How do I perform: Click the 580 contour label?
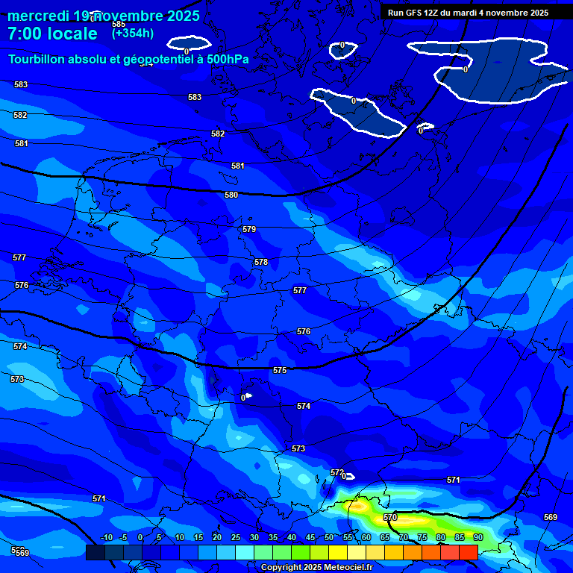coord(231,195)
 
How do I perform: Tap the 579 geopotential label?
coord(249,229)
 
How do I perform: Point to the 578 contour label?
coord(261,262)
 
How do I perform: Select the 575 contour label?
coord(280,370)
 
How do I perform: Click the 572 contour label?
coord(336,472)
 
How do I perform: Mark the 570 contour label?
coord(390,517)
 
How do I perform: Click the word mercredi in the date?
coord(38,16)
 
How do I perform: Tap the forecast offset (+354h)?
coord(133,33)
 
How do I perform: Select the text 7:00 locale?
coord(52,34)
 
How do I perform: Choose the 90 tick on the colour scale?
coord(478,537)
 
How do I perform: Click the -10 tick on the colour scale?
coord(106,537)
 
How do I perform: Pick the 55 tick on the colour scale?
coord(348,537)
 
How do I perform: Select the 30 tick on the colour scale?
coord(254,537)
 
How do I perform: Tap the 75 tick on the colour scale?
coord(422,537)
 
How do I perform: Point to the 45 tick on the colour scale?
coord(310,537)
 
